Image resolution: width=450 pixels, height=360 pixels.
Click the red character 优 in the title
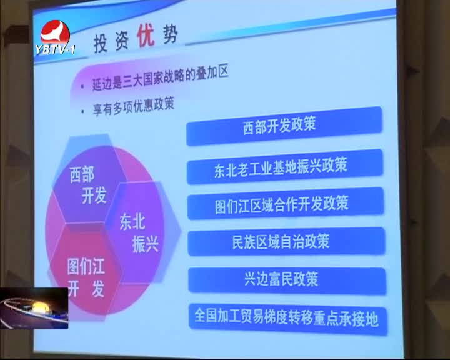(146, 36)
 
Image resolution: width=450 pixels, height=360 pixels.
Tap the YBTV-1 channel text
(56, 49)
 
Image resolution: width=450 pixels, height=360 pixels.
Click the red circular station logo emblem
(55, 32)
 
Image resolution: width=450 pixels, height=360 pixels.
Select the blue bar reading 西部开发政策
(284, 126)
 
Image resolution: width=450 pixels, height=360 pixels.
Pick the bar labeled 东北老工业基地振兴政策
(285, 166)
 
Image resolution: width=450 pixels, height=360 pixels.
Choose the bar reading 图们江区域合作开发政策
(286, 204)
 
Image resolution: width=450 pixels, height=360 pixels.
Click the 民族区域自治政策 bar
(286, 241)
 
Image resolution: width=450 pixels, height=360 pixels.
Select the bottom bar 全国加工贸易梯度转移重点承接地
(287, 319)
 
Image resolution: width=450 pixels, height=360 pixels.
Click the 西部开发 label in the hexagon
(88, 186)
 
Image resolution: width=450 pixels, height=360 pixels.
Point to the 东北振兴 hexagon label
(139, 233)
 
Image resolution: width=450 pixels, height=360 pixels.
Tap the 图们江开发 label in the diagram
(86, 277)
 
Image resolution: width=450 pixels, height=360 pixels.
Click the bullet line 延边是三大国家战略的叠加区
(160, 78)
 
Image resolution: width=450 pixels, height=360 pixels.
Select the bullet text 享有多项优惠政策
(134, 106)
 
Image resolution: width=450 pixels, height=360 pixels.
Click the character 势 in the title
(171, 34)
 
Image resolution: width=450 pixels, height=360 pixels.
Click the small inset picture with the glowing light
(34, 308)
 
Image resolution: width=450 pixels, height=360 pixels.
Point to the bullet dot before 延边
(83, 86)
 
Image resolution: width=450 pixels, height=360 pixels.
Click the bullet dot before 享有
(82, 111)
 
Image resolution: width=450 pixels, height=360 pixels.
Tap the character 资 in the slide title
(122, 41)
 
